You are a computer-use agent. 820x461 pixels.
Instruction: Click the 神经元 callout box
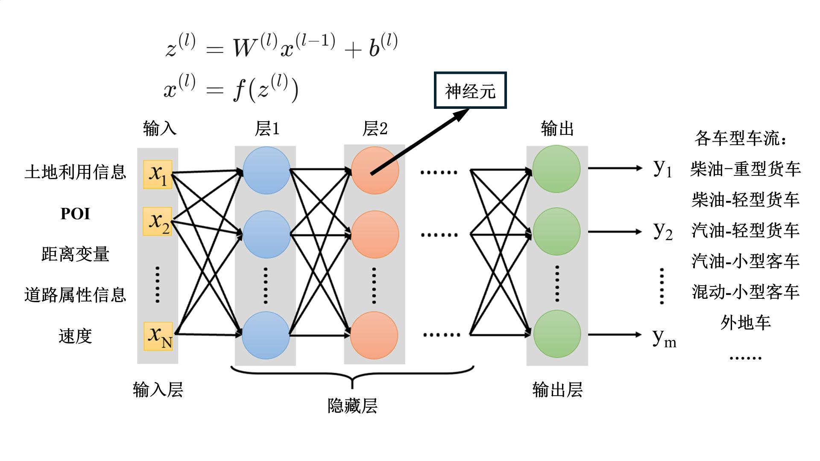tap(470, 90)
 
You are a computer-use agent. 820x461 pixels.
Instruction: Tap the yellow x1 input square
tap(158, 174)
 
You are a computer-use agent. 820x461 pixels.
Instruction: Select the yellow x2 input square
tap(158, 221)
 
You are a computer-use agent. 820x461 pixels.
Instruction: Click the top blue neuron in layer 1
tap(266, 170)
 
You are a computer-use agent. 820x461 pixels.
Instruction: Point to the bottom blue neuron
tap(266, 335)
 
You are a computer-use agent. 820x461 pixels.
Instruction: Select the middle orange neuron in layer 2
tap(375, 234)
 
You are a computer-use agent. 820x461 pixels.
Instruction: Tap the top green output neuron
tap(556, 169)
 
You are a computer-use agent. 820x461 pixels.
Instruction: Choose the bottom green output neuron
tap(557, 334)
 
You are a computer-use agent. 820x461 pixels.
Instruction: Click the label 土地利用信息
tap(76, 172)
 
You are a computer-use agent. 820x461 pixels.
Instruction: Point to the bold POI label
tap(75, 213)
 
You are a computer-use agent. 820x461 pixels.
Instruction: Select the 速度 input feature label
tap(75, 336)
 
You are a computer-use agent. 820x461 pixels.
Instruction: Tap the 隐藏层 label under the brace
tap(352, 406)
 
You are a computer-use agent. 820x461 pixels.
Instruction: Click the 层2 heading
tap(375, 128)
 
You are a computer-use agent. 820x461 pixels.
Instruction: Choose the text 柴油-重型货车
tap(745, 169)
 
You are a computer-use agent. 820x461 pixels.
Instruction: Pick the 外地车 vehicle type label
tap(745, 323)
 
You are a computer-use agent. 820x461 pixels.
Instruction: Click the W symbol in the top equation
tap(245, 47)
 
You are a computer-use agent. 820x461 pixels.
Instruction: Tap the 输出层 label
tap(557, 390)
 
